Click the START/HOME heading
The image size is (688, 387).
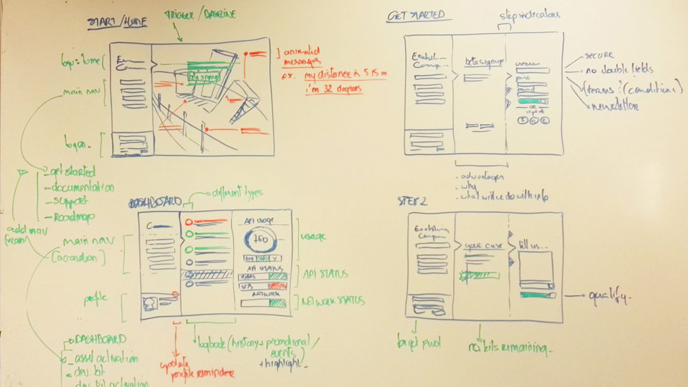117,22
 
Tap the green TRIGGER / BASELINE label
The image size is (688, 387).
199,14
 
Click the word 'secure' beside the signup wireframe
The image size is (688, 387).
600,55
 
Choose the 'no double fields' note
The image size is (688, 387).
618,70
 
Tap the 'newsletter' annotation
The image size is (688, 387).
615,106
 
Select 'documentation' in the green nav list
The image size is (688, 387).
79,188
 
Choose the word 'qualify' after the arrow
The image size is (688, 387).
608,297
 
